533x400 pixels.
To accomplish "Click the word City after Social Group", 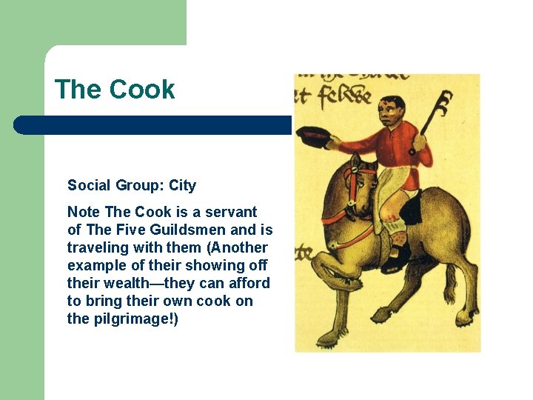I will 182,185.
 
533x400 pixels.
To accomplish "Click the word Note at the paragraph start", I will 83,212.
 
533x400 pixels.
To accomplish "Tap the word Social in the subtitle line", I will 88,185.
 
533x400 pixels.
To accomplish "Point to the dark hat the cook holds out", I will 312,136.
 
